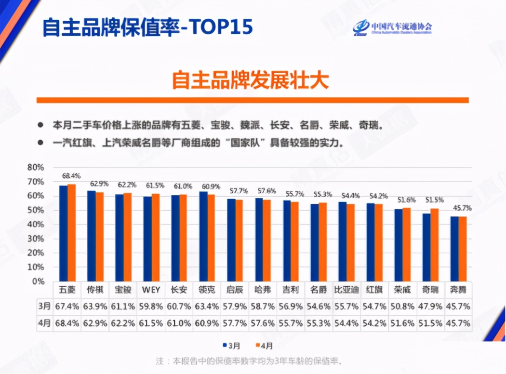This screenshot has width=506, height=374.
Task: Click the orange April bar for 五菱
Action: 71,232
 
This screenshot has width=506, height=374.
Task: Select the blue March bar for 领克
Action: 203,236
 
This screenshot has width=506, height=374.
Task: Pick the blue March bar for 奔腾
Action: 454,249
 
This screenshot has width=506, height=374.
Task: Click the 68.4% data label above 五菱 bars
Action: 70,175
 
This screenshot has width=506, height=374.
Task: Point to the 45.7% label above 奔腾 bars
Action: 462,208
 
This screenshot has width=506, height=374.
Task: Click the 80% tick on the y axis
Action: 36,167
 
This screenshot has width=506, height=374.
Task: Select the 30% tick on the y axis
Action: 36,239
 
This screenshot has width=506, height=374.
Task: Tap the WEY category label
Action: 151,290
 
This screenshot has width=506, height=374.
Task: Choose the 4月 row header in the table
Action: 44,323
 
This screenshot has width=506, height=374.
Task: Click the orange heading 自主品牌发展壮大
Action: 250,80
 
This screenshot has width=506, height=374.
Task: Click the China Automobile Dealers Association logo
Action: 391,27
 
